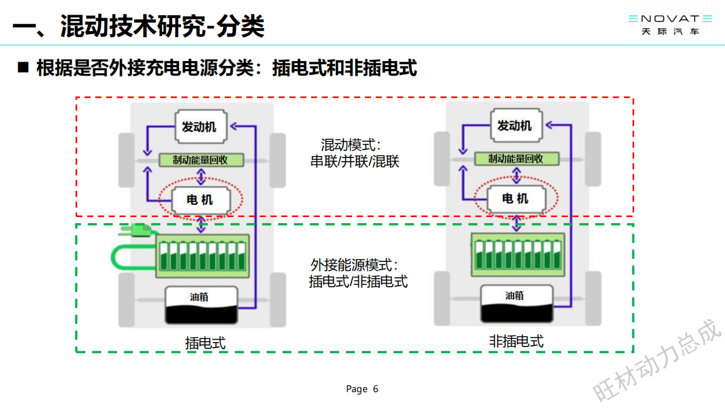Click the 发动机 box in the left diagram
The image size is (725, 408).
200,127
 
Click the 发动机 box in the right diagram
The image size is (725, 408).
515,126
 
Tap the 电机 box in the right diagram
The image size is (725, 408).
515,199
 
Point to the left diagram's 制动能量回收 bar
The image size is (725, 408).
201,160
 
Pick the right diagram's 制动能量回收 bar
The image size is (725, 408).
516,159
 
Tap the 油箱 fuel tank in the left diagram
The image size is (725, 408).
200,305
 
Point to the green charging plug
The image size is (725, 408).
137,231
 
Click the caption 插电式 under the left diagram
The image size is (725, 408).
205,343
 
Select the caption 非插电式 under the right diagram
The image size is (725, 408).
516,342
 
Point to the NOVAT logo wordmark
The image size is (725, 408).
670,19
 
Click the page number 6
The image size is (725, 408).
375,389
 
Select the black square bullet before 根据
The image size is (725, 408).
24,67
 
